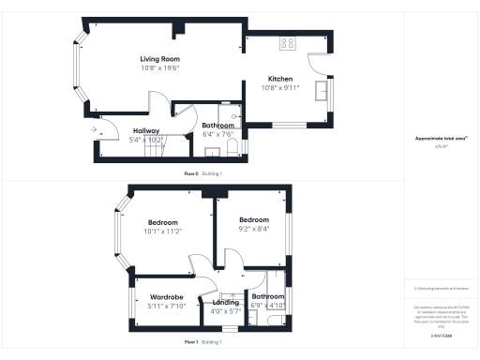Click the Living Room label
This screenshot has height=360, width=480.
(x=159, y=58)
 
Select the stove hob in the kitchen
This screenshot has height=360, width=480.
(x=287, y=42)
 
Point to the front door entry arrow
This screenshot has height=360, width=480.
(x=95, y=130)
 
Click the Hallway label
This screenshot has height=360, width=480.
(x=145, y=130)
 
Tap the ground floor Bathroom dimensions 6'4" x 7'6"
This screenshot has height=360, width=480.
(x=217, y=134)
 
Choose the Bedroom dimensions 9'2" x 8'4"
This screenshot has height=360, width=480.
(x=253, y=228)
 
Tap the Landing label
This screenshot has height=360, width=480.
(x=226, y=301)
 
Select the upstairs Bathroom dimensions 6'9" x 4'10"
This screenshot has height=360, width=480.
(x=268, y=306)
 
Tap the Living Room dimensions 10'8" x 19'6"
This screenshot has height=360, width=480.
(x=159, y=67)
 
